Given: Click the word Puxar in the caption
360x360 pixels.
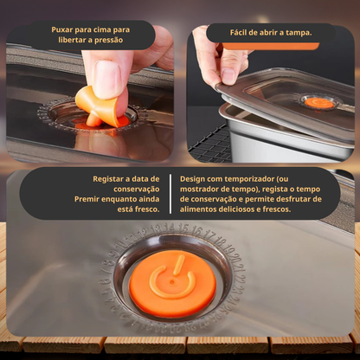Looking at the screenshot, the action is coord(62,29).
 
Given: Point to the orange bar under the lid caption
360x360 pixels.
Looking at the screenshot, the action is coord(270,46).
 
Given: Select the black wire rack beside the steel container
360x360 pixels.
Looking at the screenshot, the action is coord(210,145).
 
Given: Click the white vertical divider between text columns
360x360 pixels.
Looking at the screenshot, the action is coord(170,194).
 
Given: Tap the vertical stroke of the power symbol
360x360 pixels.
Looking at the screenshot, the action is coord(179,265).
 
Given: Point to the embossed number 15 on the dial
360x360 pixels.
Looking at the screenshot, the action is coord(183,228).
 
